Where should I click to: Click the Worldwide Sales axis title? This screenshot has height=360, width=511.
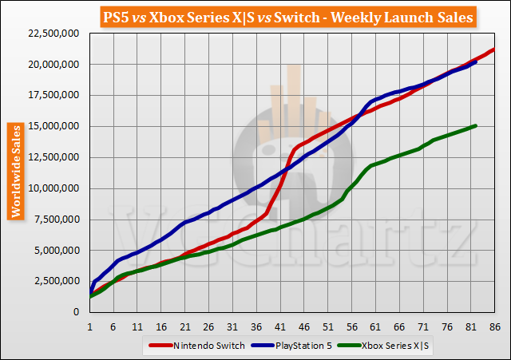click(14, 170)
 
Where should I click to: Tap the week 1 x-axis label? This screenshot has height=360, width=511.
click(90, 326)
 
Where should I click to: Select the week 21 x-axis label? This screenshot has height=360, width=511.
click(185, 326)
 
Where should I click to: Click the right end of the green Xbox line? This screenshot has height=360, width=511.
click(476, 125)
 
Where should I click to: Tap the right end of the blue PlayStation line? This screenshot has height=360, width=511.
click(476, 61)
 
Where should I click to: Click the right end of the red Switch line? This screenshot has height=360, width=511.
click(494, 49)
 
